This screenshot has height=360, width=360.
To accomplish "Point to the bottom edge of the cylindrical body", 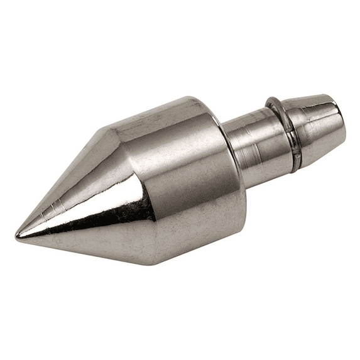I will pos(201,248).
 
